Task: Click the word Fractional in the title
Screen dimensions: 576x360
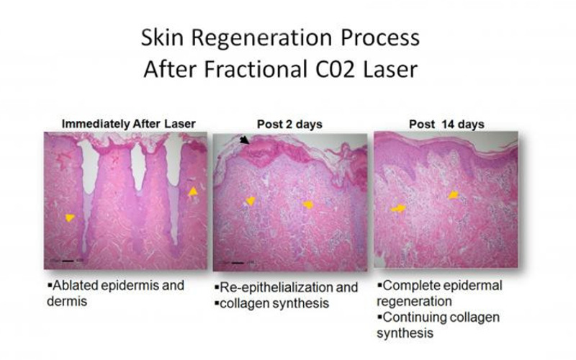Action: [x=256, y=69]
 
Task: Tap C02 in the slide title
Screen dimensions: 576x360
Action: [x=336, y=69]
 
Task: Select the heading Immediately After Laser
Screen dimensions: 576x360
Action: [x=129, y=124]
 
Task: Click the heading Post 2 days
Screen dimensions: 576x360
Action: [x=289, y=124]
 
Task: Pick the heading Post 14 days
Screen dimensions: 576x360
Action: [x=446, y=124]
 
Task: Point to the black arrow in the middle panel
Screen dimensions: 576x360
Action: [x=244, y=140]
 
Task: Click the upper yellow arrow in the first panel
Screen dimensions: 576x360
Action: [x=193, y=191]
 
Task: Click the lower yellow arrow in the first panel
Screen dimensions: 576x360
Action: [x=69, y=218]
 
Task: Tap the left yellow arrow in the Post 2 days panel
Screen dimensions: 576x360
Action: [x=251, y=201]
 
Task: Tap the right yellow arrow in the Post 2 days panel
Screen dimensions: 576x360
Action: [x=308, y=204]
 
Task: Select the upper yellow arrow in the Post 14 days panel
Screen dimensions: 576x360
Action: [x=454, y=194]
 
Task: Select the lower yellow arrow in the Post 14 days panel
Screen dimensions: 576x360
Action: [x=398, y=209]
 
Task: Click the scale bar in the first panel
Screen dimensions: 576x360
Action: [x=68, y=261]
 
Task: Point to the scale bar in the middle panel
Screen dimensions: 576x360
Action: [x=238, y=263]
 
